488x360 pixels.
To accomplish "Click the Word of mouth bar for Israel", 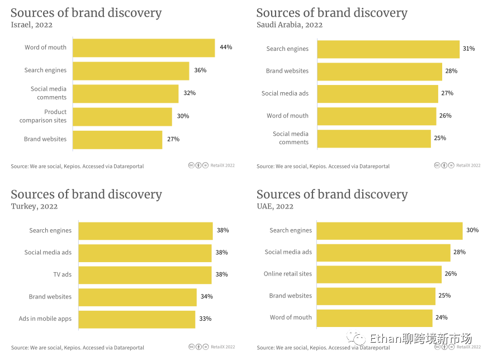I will (144, 48).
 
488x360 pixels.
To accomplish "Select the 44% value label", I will (226, 48).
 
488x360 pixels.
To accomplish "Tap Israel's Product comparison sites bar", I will (122, 116).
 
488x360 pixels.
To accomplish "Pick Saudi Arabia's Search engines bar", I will (388, 49).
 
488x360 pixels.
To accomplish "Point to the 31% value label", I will (468, 49).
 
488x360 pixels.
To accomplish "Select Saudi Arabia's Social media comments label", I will (291, 138).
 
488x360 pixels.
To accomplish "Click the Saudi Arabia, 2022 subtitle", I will (290, 25).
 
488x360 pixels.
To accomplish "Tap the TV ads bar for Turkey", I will (145, 274).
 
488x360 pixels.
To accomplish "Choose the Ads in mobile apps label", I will (45, 319).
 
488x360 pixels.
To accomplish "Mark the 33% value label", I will (206, 319).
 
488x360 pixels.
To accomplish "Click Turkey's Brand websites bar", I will (138, 297).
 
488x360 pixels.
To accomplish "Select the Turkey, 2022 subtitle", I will (34, 206).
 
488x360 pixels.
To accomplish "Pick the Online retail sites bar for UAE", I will (380, 274).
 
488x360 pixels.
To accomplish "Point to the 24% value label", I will (442, 318).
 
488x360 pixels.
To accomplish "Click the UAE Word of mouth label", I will (291, 318).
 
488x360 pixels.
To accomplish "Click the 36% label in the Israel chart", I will (200, 70).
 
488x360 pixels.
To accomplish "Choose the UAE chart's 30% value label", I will (472, 230).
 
